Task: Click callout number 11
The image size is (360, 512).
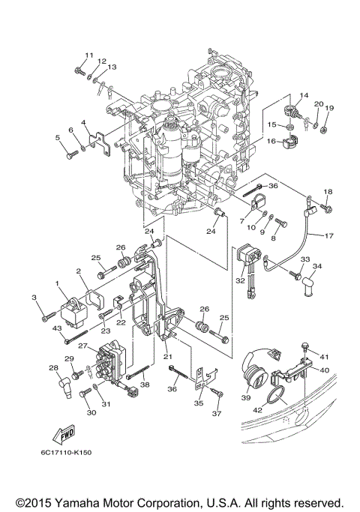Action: [x=88, y=55]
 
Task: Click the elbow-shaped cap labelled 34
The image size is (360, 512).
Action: [x=309, y=284]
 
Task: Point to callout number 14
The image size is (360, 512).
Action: [x=304, y=95]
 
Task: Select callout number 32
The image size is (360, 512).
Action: [x=240, y=280]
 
